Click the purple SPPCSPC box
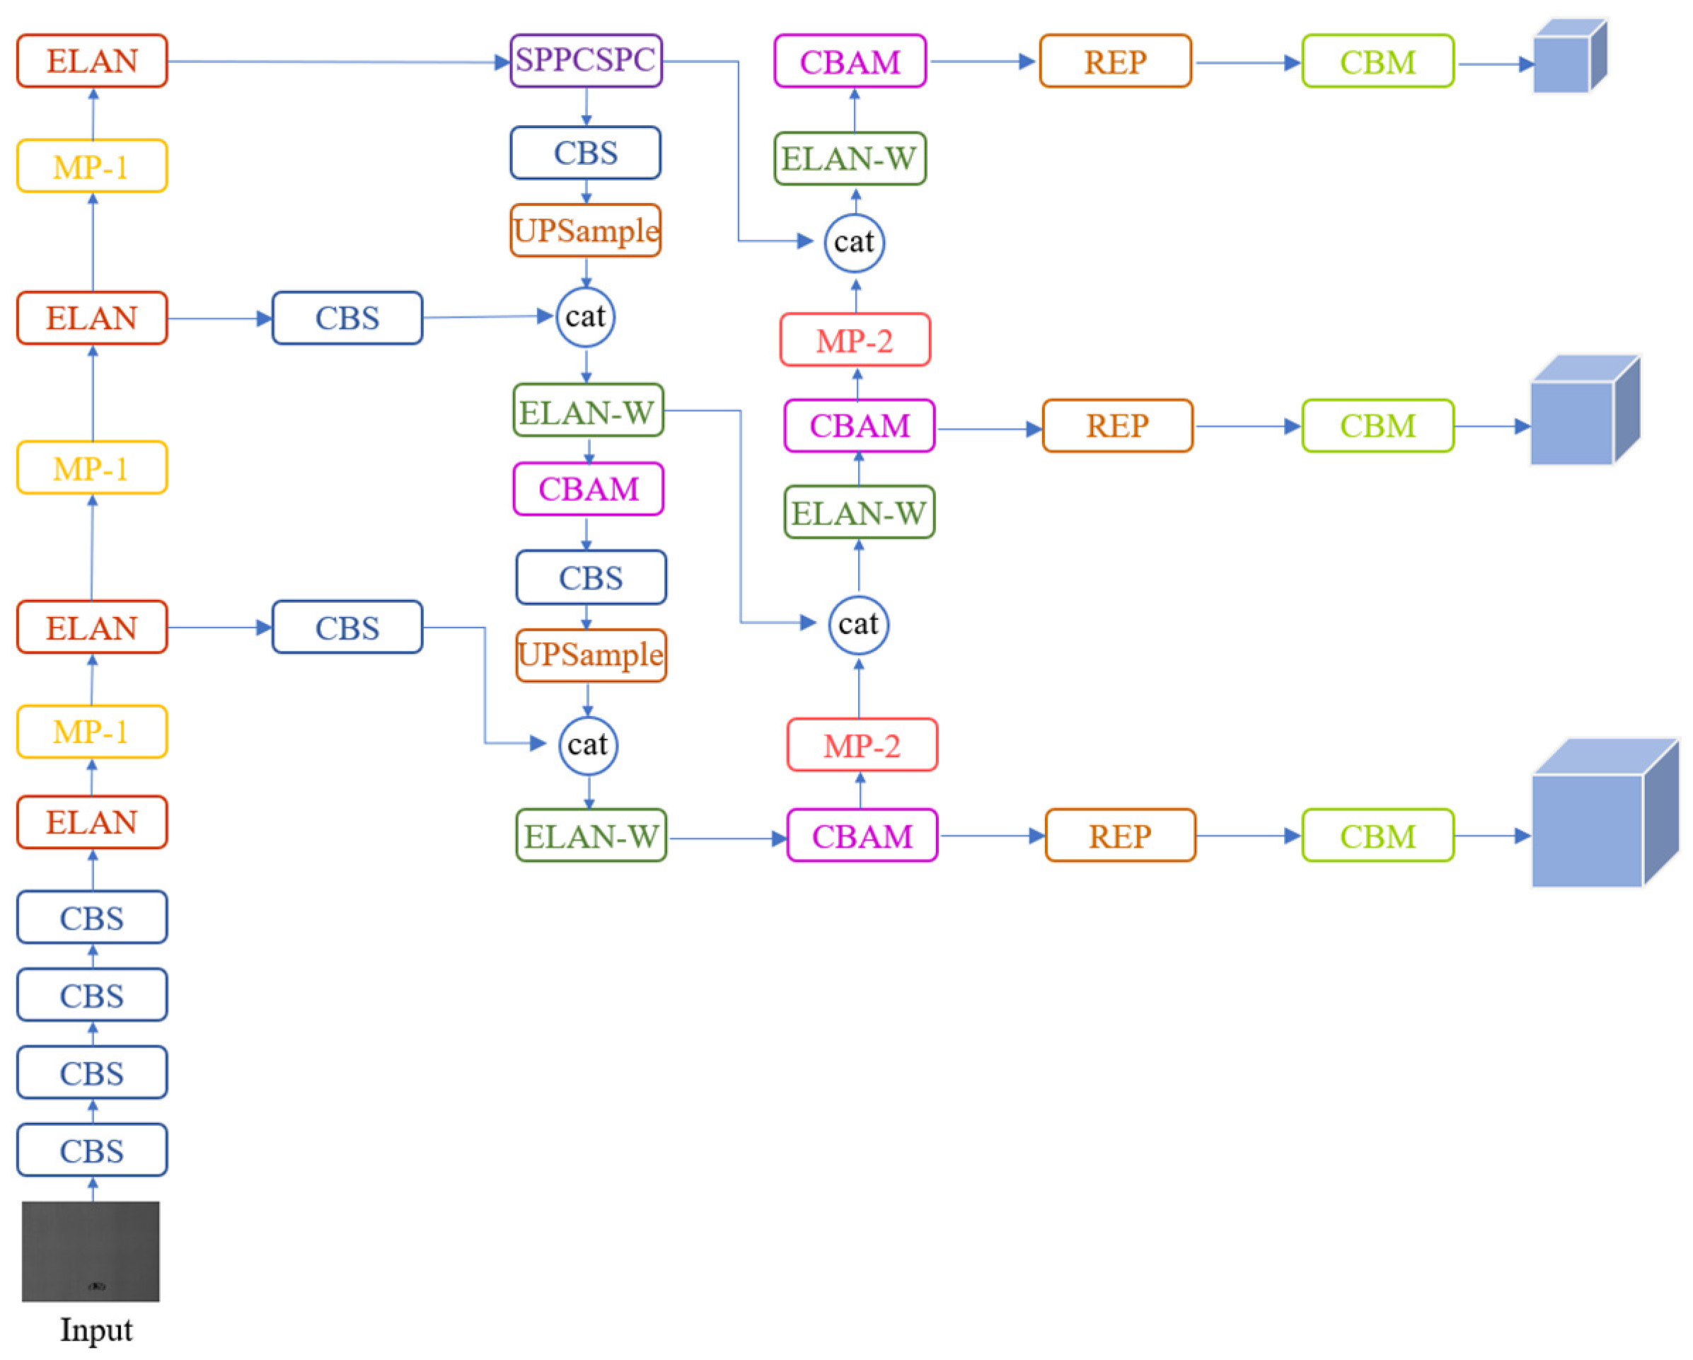[x=586, y=60]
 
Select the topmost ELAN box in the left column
[x=92, y=60]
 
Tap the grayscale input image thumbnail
[x=91, y=1250]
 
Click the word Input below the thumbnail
[x=96, y=1330]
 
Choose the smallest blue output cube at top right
[x=1569, y=57]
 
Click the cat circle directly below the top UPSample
[x=585, y=316]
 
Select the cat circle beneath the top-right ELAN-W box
[x=855, y=243]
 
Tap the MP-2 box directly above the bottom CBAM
[x=862, y=744]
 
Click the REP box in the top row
[x=1115, y=62]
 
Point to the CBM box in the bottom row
[x=1377, y=836]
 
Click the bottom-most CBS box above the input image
[x=92, y=1150]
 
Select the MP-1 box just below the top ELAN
[x=92, y=166]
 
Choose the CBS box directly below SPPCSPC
[x=586, y=153]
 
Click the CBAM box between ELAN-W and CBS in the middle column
[x=588, y=489]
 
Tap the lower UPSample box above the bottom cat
[x=591, y=655]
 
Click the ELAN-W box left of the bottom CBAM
[x=591, y=836]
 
